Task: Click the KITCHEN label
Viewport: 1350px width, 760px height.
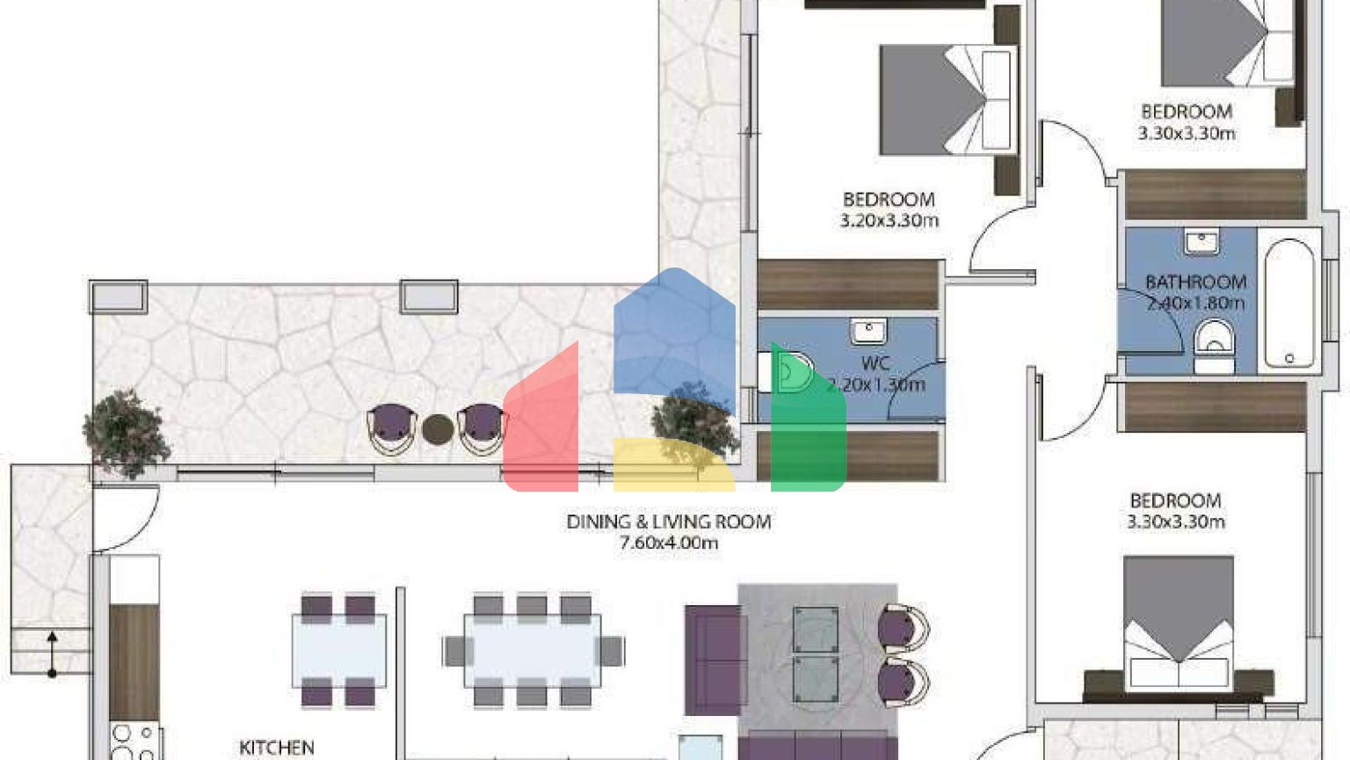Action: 276,748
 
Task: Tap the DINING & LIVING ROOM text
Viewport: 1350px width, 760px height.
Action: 668,522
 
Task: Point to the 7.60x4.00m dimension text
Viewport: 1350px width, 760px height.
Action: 668,544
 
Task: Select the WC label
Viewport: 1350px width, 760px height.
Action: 875,363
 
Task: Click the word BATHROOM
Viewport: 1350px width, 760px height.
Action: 1195,282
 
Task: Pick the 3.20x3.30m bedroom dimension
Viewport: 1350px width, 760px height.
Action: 889,221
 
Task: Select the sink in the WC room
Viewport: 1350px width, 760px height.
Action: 868,332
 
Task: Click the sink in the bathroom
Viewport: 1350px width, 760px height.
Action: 1201,241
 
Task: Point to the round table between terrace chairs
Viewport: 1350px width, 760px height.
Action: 437,429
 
